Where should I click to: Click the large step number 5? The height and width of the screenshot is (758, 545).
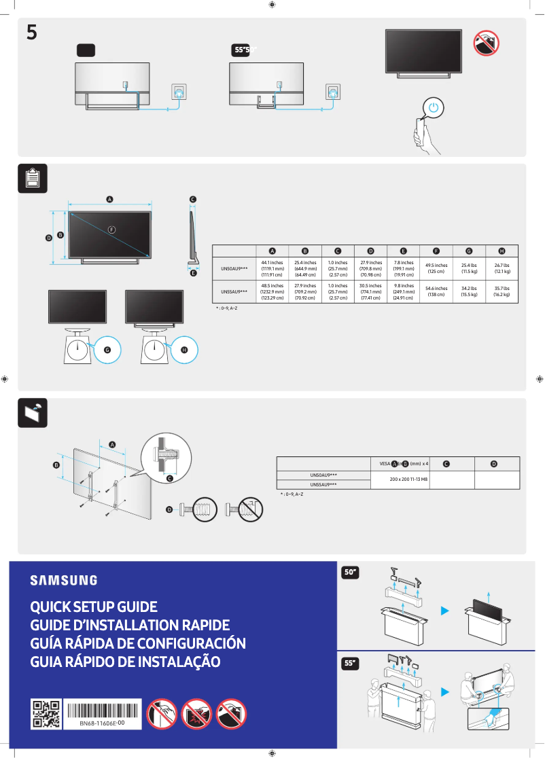(x=32, y=32)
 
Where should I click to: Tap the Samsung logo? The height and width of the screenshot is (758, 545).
(x=63, y=580)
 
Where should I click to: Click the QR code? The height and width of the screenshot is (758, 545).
(x=47, y=714)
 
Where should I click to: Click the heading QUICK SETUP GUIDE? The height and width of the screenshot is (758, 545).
(x=94, y=607)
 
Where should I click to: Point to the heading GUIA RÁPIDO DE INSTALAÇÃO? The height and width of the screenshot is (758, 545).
(x=126, y=662)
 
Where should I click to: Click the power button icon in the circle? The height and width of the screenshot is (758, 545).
(x=436, y=109)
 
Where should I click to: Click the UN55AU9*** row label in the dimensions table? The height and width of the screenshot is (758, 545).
(x=234, y=291)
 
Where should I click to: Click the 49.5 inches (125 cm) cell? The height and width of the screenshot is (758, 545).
(x=436, y=268)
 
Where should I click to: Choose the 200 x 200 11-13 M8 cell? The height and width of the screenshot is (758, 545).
(x=408, y=479)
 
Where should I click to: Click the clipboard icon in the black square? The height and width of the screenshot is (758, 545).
(x=33, y=179)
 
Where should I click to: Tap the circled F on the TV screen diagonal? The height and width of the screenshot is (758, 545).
(x=111, y=230)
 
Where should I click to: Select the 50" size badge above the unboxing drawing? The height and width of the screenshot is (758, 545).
(x=351, y=573)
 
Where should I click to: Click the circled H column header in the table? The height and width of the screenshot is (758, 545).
(x=502, y=251)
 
